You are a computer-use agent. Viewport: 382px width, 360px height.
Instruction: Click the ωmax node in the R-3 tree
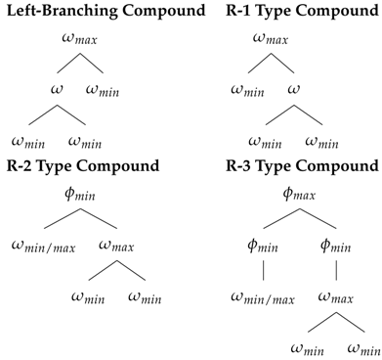(x=332, y=296)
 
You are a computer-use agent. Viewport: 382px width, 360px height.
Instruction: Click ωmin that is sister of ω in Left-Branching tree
(x=105, y=91)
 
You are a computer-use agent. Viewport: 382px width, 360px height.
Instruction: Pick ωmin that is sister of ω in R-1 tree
(x=250, y=91)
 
